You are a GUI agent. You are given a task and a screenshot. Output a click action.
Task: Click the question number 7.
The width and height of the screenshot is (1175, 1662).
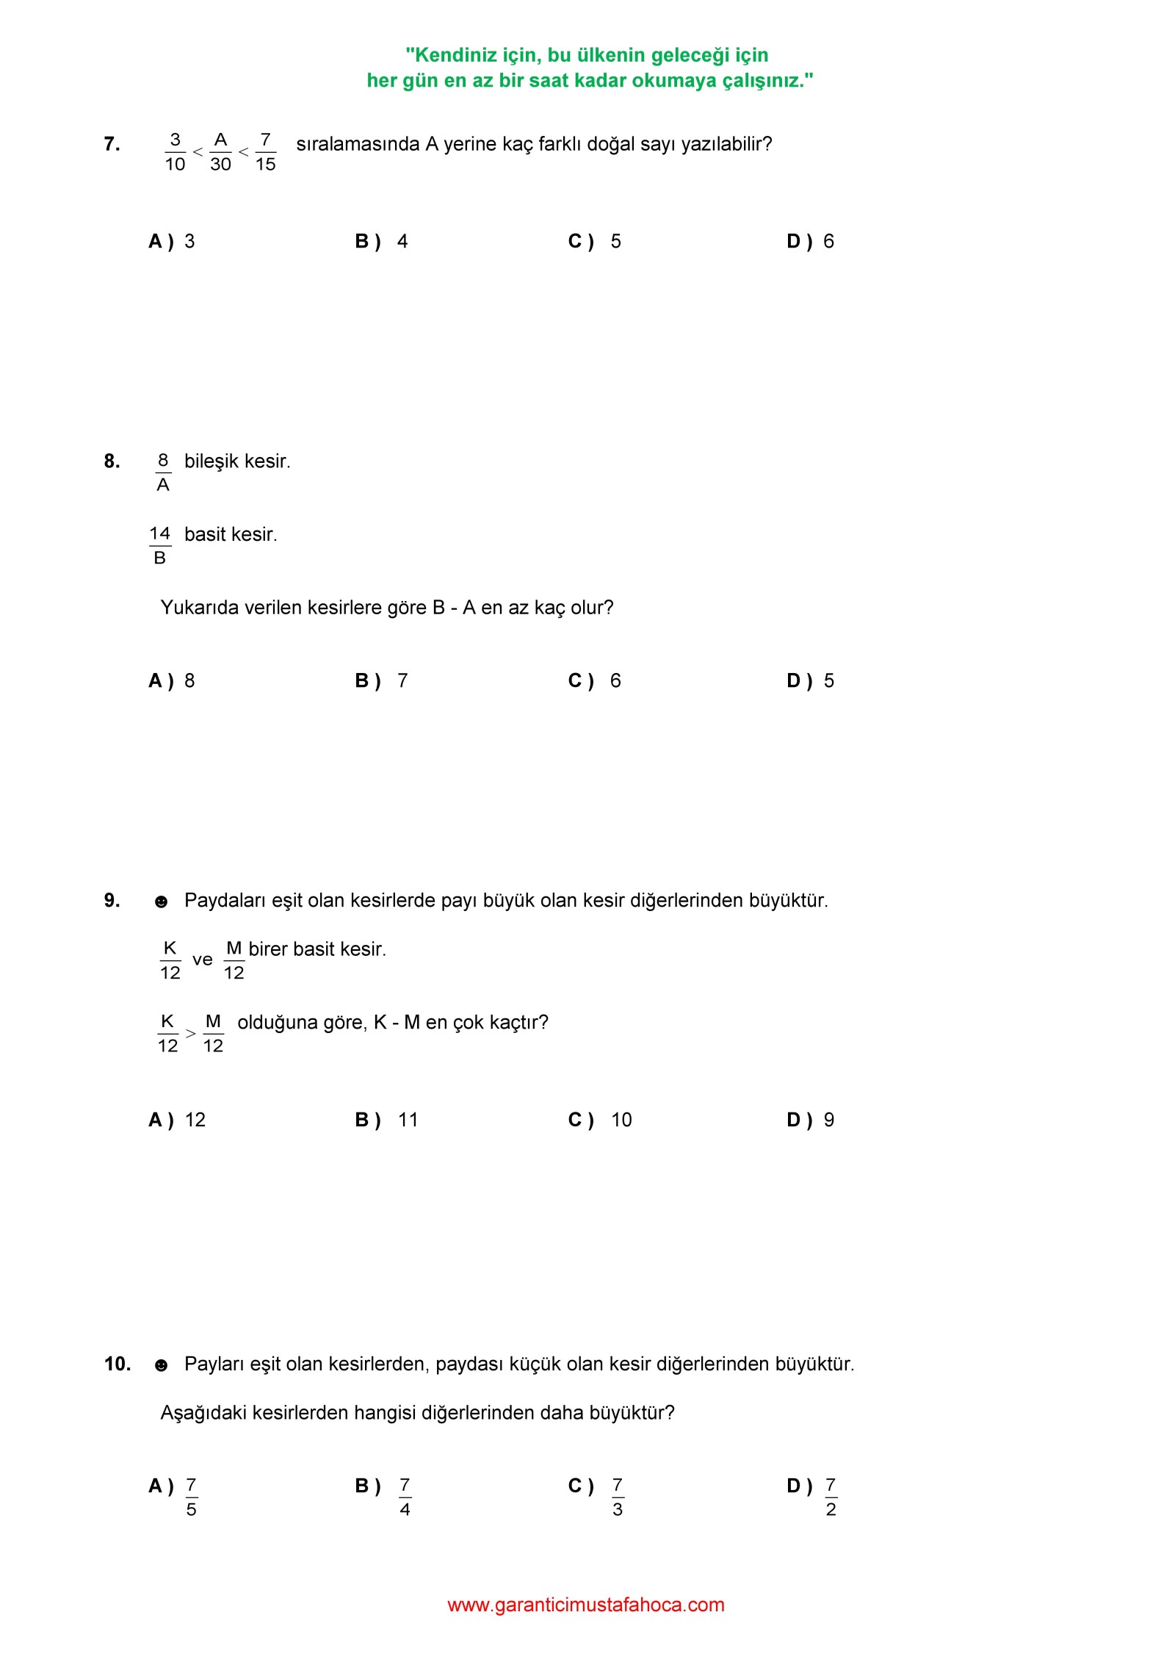point(112,144)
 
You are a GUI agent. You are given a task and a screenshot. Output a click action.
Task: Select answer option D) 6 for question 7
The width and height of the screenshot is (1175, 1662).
point(810,242)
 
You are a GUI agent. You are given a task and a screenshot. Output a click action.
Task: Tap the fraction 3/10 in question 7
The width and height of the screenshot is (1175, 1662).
point(175,152)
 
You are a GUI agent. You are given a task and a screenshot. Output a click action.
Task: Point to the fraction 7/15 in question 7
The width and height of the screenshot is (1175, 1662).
point(265,152)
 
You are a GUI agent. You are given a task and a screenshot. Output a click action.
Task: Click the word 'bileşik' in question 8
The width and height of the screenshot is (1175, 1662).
point(211,461)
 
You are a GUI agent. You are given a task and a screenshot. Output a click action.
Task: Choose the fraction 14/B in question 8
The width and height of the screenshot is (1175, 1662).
point(159,546)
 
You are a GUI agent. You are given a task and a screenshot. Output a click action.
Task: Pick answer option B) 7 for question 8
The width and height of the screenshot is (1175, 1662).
point(381,681)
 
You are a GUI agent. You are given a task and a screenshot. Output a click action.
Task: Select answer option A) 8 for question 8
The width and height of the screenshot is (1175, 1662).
point(172,681)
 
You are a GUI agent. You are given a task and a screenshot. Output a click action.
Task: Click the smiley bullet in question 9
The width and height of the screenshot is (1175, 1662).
point(161,902)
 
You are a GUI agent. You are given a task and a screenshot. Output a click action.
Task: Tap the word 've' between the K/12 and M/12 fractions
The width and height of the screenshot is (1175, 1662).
point(202,960)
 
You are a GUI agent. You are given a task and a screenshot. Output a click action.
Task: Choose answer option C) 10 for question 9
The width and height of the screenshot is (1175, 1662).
point(599,1120)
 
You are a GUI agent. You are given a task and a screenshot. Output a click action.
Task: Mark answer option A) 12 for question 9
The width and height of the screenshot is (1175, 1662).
point(177,1120)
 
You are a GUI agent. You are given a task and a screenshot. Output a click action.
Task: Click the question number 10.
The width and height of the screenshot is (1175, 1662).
point(117,1364)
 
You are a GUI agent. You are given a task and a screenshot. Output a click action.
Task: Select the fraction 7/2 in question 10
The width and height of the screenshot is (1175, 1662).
point(831,1497)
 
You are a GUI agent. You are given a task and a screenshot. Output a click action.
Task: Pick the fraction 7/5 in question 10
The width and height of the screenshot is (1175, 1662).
point(191,1497)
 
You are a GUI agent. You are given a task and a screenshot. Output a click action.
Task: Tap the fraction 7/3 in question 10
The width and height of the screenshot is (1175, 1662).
point(617,1497)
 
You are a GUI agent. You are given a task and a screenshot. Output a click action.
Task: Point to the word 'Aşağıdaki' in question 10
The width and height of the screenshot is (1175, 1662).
point(203,1413)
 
